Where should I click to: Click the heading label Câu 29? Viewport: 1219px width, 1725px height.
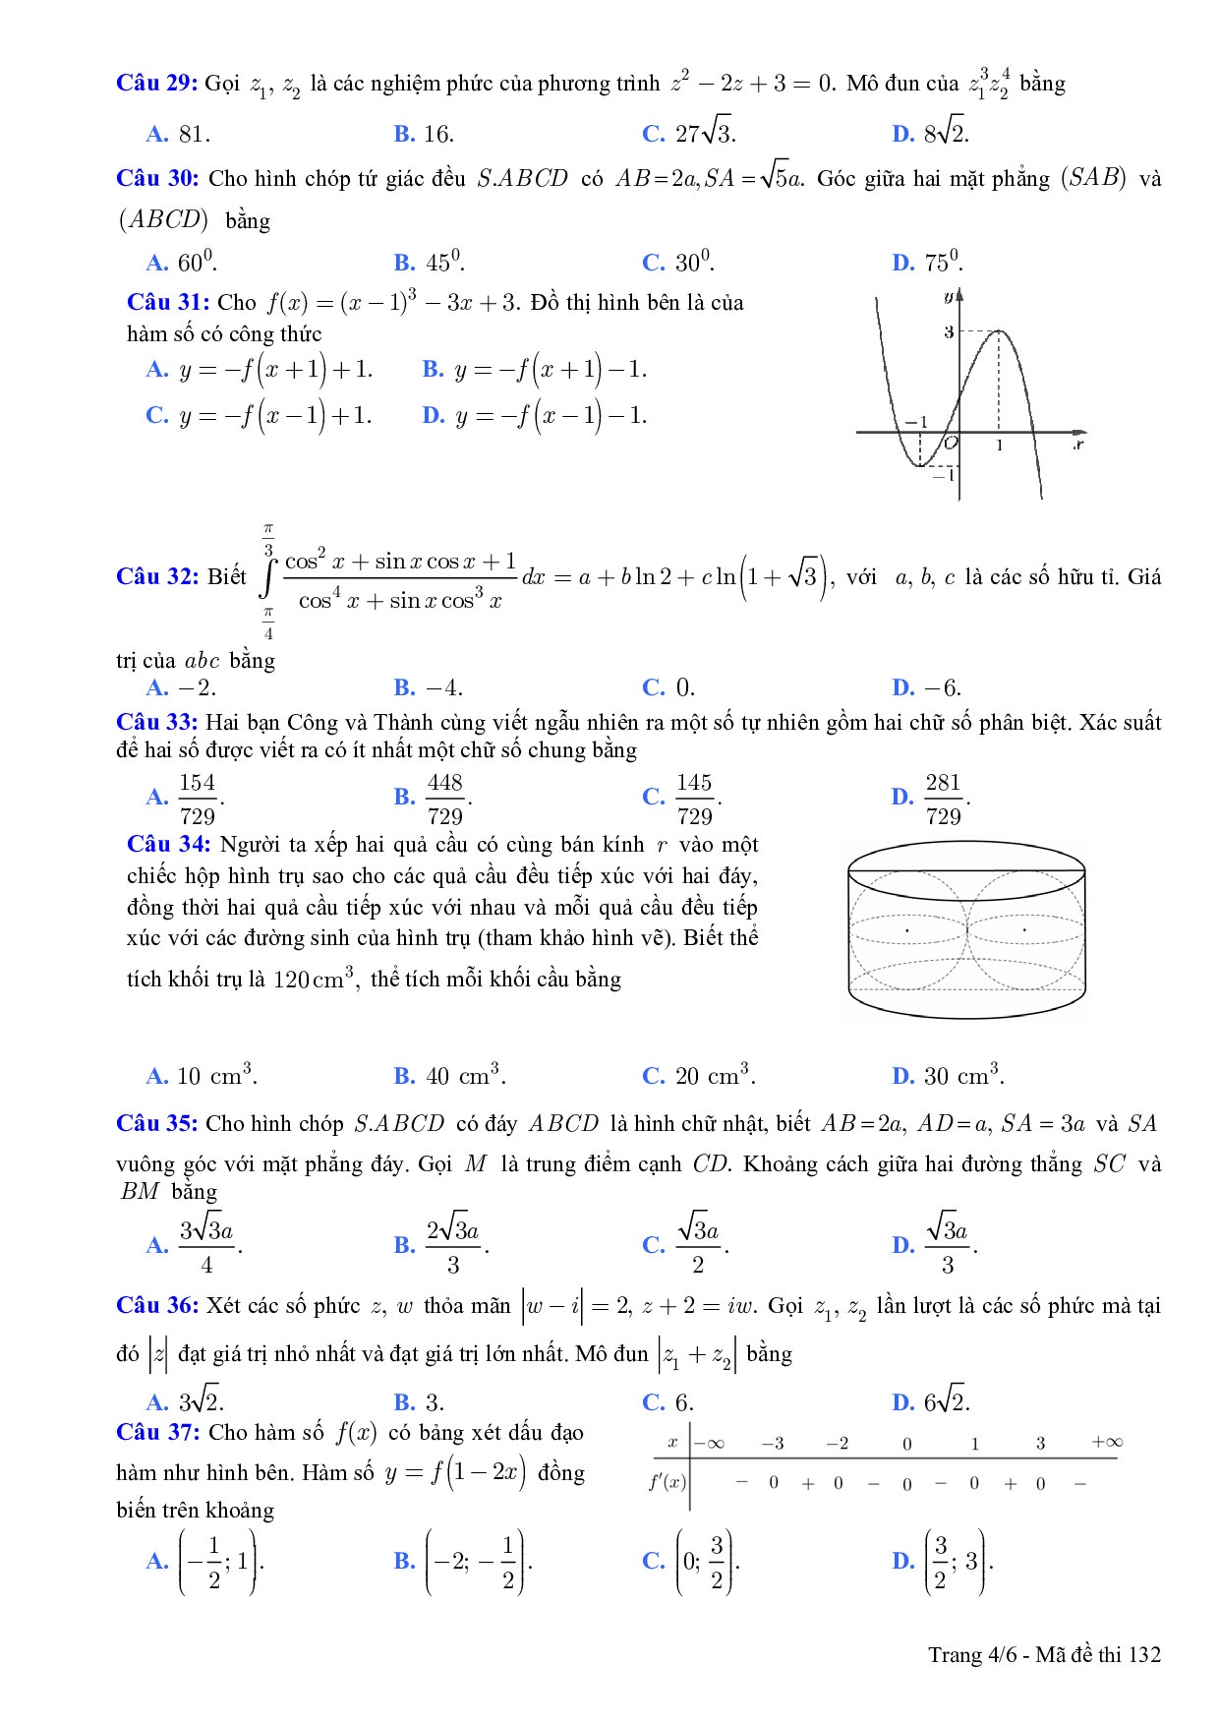[157, 83]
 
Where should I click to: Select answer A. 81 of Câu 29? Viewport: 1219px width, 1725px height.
[178, 134]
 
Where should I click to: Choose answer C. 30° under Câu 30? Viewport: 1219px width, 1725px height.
[678, 263]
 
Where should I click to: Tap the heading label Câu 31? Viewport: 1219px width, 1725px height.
[168, 302]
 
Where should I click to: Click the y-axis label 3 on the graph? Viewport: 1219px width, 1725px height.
[949, 332]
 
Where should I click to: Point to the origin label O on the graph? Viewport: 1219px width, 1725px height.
[950, 445]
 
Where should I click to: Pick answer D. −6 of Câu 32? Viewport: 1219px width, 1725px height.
[927, 687]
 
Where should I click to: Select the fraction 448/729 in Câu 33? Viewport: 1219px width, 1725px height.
[444, 799]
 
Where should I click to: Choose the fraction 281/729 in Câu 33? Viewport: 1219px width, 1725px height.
[943, 799]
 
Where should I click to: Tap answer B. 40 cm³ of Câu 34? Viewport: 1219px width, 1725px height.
[450, 1076]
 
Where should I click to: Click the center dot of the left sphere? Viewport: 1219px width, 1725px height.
[907, 929]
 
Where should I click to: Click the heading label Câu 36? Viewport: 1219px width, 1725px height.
[157, 1306]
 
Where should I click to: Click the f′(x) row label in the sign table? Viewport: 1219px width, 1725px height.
[668, 1482]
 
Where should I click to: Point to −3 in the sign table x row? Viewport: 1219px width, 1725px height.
[773, 1444]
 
